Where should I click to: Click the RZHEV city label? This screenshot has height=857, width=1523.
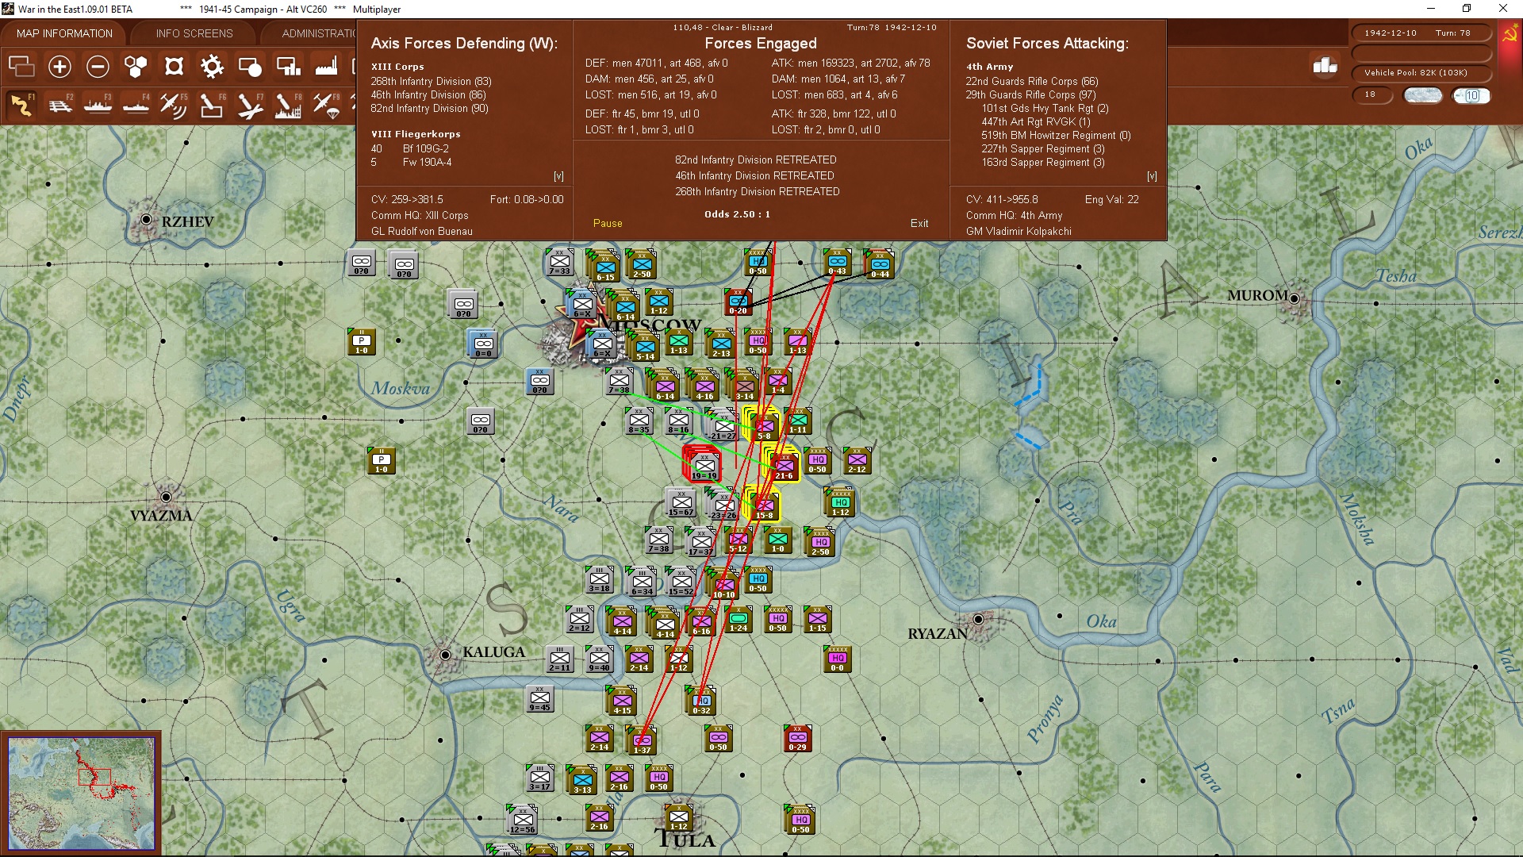click(x=187, y=222)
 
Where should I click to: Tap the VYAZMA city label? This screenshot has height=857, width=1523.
click(x=161, y=516)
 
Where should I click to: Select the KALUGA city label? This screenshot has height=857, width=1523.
click(x=493, y=652)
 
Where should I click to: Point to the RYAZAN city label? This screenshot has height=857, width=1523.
click(x=938, y=634)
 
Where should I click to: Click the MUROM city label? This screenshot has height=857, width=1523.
click(x=1257, y=296)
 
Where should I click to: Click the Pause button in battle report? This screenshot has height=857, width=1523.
click(x=608, y=224)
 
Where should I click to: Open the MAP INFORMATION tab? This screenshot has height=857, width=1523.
click(x=64, y=33)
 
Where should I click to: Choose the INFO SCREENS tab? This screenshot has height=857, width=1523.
click(x=194, y=33)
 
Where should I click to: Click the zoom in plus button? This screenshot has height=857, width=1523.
click(x=59, y=67)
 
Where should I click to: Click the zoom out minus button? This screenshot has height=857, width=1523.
click(x=98, y=67)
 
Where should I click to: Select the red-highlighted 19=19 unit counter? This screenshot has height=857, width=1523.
click(x=704, y=463)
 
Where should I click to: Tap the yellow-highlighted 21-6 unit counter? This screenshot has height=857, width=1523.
click(x=784, y=463)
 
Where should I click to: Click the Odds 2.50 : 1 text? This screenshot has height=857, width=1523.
click(x=737, y=214)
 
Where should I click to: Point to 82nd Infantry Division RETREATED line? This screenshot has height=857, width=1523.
click(x=755, y=160)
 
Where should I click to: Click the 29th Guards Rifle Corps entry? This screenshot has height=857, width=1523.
click(x=1030, y=95)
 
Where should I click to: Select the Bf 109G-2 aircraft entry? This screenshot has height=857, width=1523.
click(x=425, y=149)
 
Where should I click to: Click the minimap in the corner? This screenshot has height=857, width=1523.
click(x=81, y=793)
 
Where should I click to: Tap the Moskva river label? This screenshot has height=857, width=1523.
click(x=401, y=389)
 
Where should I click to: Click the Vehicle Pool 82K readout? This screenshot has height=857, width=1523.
click(x=1415, y=73)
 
